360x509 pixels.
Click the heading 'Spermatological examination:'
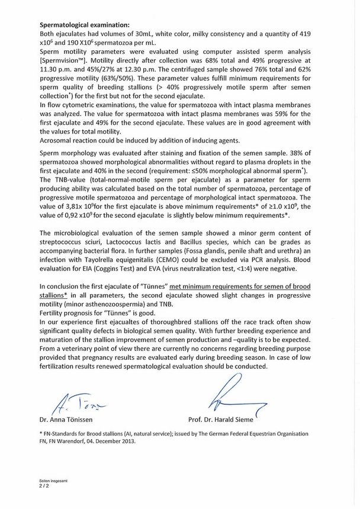[x=83, y=25]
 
